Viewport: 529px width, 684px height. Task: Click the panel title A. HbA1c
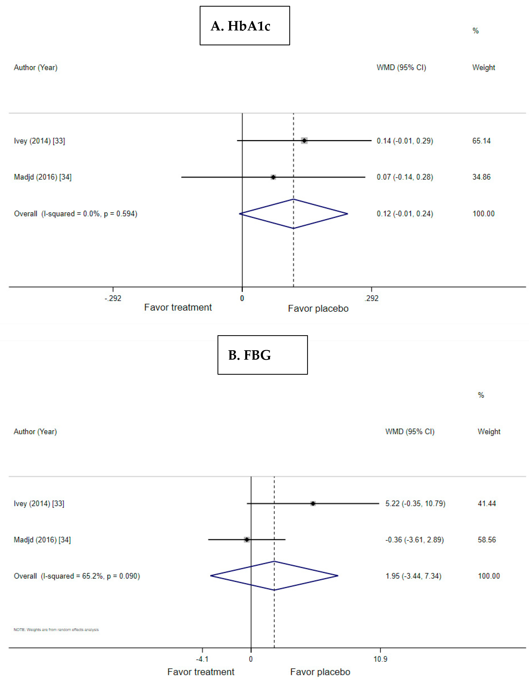pos(240,26)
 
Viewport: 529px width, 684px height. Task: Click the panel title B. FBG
pos(249,355)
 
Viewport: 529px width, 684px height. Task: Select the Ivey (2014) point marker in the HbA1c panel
pos(304,141)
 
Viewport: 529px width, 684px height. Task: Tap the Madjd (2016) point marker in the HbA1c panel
pos(273,177)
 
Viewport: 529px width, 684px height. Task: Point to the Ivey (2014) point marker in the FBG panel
pos(313,504)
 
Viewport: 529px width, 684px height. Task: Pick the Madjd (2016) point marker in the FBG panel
pos(247,540)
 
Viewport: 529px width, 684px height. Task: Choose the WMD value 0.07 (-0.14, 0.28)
pos(405,177)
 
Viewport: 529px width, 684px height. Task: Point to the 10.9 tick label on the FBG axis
pos(380,659)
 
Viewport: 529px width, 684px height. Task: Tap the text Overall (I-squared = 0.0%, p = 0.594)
pos(76,214)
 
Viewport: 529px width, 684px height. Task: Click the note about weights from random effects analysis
pos(56,629)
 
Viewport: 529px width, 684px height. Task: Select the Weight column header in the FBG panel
pos(489,432)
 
